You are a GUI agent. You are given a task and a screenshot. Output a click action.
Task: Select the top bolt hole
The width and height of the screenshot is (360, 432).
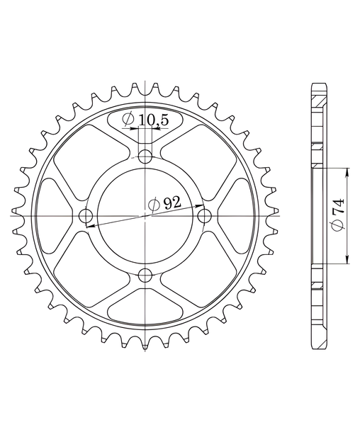coord(145,157)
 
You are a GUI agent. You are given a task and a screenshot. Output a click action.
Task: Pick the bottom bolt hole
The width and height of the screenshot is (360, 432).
coord(145,275)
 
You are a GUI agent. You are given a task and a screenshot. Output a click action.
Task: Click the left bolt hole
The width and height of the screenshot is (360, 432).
coord(86,216)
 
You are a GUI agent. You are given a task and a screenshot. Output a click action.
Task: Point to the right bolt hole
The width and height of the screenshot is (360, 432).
coord(205,216)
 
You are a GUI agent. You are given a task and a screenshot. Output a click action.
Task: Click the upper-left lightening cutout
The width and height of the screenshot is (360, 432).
coord(91,163)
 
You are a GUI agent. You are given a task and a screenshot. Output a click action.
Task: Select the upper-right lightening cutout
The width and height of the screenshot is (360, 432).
coord(199,163)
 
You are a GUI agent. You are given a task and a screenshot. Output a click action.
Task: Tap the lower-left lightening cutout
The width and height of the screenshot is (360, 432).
coord(91,268)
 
